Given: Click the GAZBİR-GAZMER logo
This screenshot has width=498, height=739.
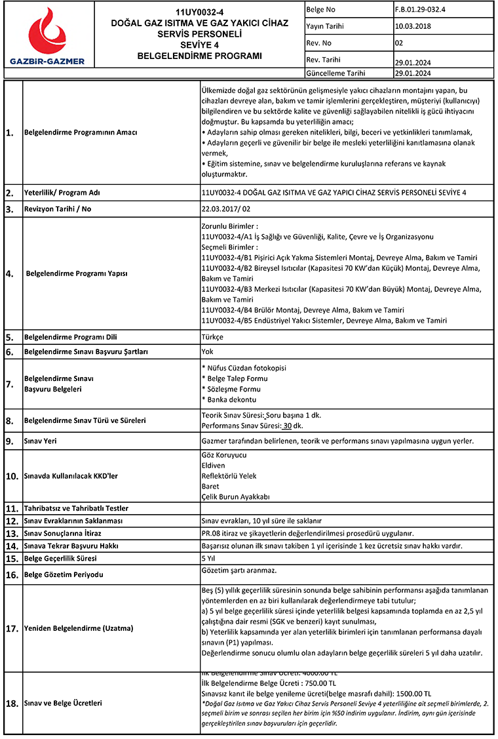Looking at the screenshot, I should coord(47,37).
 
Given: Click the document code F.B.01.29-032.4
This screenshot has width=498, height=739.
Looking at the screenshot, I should coord(419,10).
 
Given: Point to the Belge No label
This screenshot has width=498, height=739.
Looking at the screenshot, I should coord(320,10).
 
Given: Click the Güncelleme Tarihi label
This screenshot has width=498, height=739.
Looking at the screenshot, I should coord(335,73).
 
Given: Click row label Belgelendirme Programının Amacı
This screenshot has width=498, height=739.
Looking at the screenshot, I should coord(80,132).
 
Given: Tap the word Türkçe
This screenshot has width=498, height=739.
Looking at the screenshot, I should coord(213,337).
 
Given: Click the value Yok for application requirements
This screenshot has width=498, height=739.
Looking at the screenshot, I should coord(208,351).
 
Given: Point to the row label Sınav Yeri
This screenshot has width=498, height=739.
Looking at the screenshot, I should coord(40,441).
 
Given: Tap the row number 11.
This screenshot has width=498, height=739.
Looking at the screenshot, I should coord(11,508).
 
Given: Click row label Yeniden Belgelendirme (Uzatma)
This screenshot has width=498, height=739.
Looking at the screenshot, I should coord(78,628).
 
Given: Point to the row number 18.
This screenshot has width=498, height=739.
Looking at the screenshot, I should coord(11,704).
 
